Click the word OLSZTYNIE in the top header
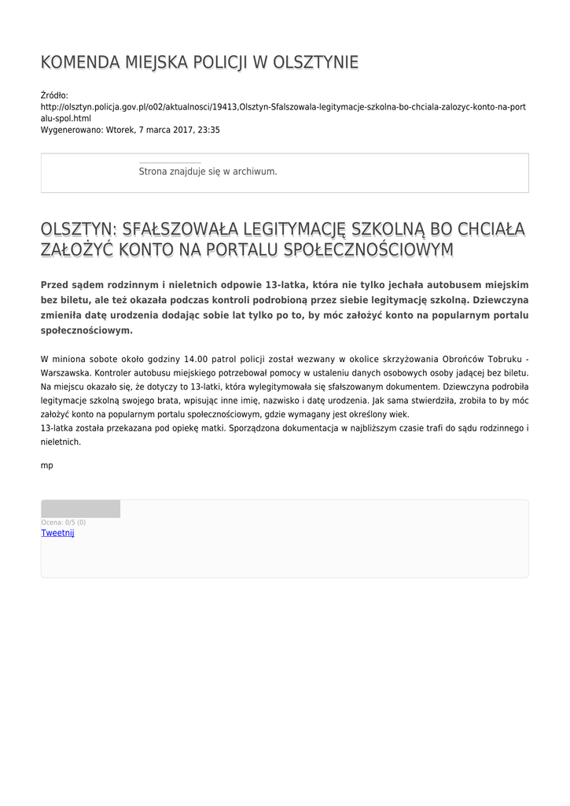(x=315, y=63)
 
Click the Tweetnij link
(x=57, y=533)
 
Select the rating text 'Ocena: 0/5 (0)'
(x=64, y=523)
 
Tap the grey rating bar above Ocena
(x=80, y=508)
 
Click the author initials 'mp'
(x=47, y=465)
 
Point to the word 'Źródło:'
(x=55, y=94)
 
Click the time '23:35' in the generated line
(x=209, y=130)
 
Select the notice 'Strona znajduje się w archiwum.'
(x=208, y=171)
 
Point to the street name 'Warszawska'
(x=66, y=373)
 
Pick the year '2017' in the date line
(x=175, y=130)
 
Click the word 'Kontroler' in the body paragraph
(x=116, y=373)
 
